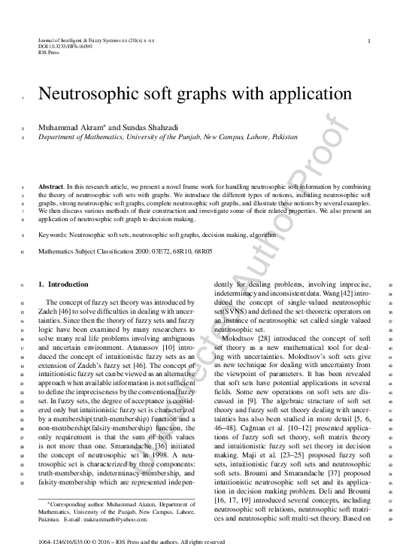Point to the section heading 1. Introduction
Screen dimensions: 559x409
pos(63,285)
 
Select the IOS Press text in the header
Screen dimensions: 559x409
pos(47,53)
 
